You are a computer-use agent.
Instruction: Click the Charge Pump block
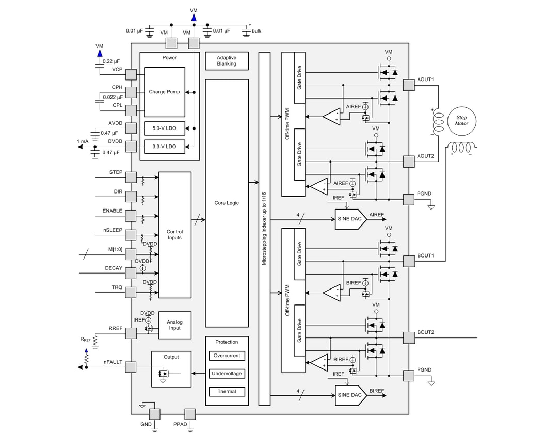coord(164,92)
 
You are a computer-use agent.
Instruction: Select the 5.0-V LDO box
coord(164,128)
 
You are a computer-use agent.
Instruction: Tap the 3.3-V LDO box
coord(164,147)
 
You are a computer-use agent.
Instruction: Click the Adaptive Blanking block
coord(227,61)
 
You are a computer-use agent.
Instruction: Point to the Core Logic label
coord(227,203)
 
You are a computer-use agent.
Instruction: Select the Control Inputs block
coord(174,235)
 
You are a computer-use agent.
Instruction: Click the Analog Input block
coord(174,325)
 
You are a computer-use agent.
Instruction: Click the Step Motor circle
coord(461,121)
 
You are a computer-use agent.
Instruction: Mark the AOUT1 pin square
coord(409,85)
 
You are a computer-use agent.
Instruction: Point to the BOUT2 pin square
coord(409,338)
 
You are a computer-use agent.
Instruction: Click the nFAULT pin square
coord(131,367)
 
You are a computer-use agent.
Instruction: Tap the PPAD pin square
coord(190,414)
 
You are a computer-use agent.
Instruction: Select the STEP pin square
coord(131,178)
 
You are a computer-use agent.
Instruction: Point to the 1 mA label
coord(83,141)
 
